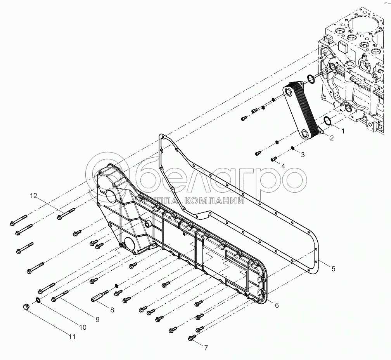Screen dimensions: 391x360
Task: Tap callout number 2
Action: pyautogui.click(x=332, y=138)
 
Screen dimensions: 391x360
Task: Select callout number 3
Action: pyautogui.click(x=303, y=154)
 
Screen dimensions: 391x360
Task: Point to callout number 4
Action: pyautogui.click(x=283, y=166)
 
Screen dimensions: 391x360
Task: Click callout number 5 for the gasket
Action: pyautogui.click(x=333, y=268)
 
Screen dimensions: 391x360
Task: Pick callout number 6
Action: pyautogui.click(x=277, y=305)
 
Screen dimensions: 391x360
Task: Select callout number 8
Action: pyautogui.click(x=112, y=310)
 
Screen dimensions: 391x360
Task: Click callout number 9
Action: pyautogui.click(x=97, y=320)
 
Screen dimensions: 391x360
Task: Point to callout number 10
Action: pyautogui.click(x=82, y=327)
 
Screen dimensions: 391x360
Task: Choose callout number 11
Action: pyautogui.click(x=72, y=337)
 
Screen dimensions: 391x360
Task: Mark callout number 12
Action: pyautogui.click(x=34, y=196)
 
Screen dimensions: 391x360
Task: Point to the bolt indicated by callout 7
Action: pyautogui.click(x=192, y=339)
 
